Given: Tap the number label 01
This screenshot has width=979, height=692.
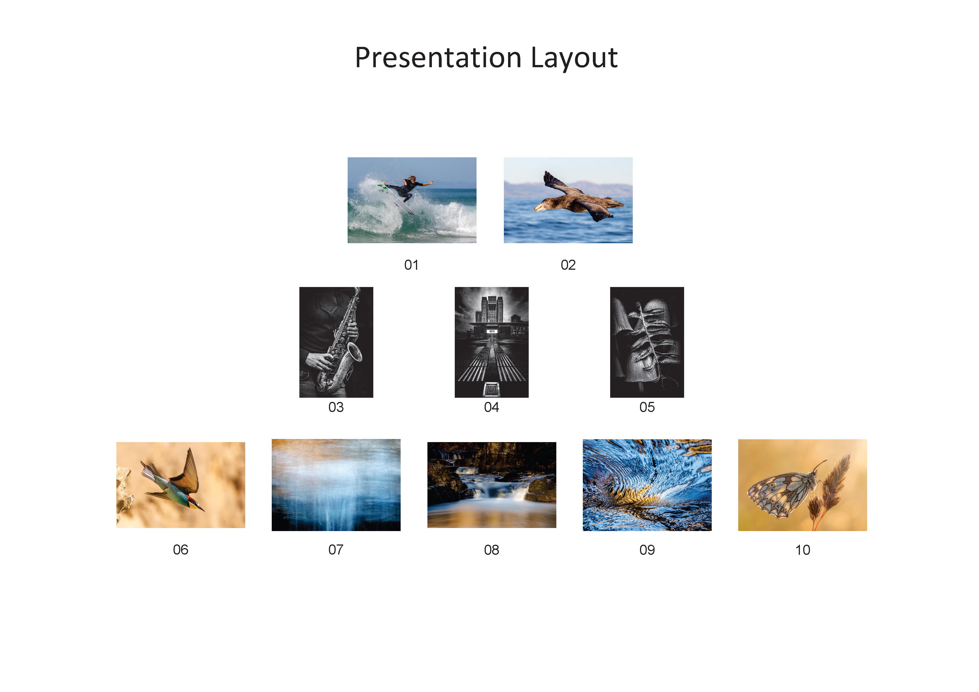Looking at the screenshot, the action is point(412,265).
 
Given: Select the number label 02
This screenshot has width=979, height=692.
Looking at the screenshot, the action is point(568,265).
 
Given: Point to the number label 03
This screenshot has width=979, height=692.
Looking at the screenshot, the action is point(336,407).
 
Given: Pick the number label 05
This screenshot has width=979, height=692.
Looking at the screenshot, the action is point(647,407).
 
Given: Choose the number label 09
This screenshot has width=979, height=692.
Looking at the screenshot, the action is point(647,550).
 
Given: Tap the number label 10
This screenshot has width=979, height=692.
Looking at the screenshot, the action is point(802,550).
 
